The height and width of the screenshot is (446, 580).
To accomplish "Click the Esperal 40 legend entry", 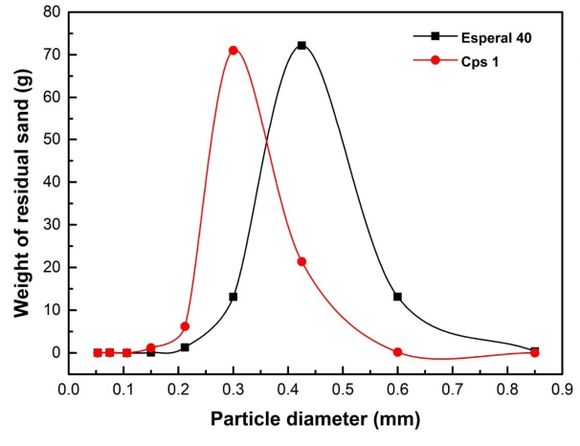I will coord(475,35).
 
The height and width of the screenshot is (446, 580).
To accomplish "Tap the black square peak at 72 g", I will coord(301,45).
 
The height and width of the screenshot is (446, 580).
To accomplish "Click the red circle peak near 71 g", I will coord(234,50).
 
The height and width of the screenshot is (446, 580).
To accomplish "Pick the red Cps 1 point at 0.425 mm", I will coord(301,261).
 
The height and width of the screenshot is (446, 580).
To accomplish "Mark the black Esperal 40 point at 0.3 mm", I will coord(233,297).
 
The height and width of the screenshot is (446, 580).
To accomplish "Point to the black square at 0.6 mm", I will coord(397,297).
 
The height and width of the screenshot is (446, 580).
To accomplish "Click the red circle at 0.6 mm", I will coord(397,352).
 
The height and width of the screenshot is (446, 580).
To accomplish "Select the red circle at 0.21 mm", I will coord(185,326).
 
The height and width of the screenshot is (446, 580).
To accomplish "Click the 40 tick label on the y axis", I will coord(51,182).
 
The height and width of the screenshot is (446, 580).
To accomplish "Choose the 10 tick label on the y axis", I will coord(51,310).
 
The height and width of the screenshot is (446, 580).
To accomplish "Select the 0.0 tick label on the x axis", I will coord(68,390).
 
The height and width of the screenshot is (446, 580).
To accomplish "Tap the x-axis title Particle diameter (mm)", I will coord(315,419).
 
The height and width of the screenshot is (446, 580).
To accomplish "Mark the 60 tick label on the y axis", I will coord(51,97).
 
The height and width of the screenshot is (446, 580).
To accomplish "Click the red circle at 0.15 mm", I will coord(150,348).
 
